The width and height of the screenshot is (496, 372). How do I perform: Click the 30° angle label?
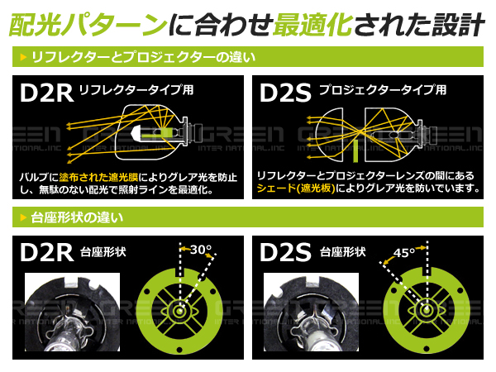[201, 249]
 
